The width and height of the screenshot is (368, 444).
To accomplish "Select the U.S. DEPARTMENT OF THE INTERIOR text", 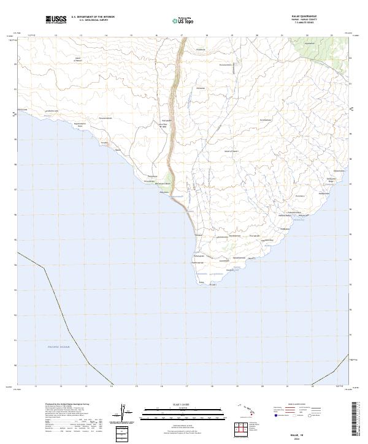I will click(93, 17).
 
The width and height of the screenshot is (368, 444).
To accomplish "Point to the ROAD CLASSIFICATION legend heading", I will click(297, 405).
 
